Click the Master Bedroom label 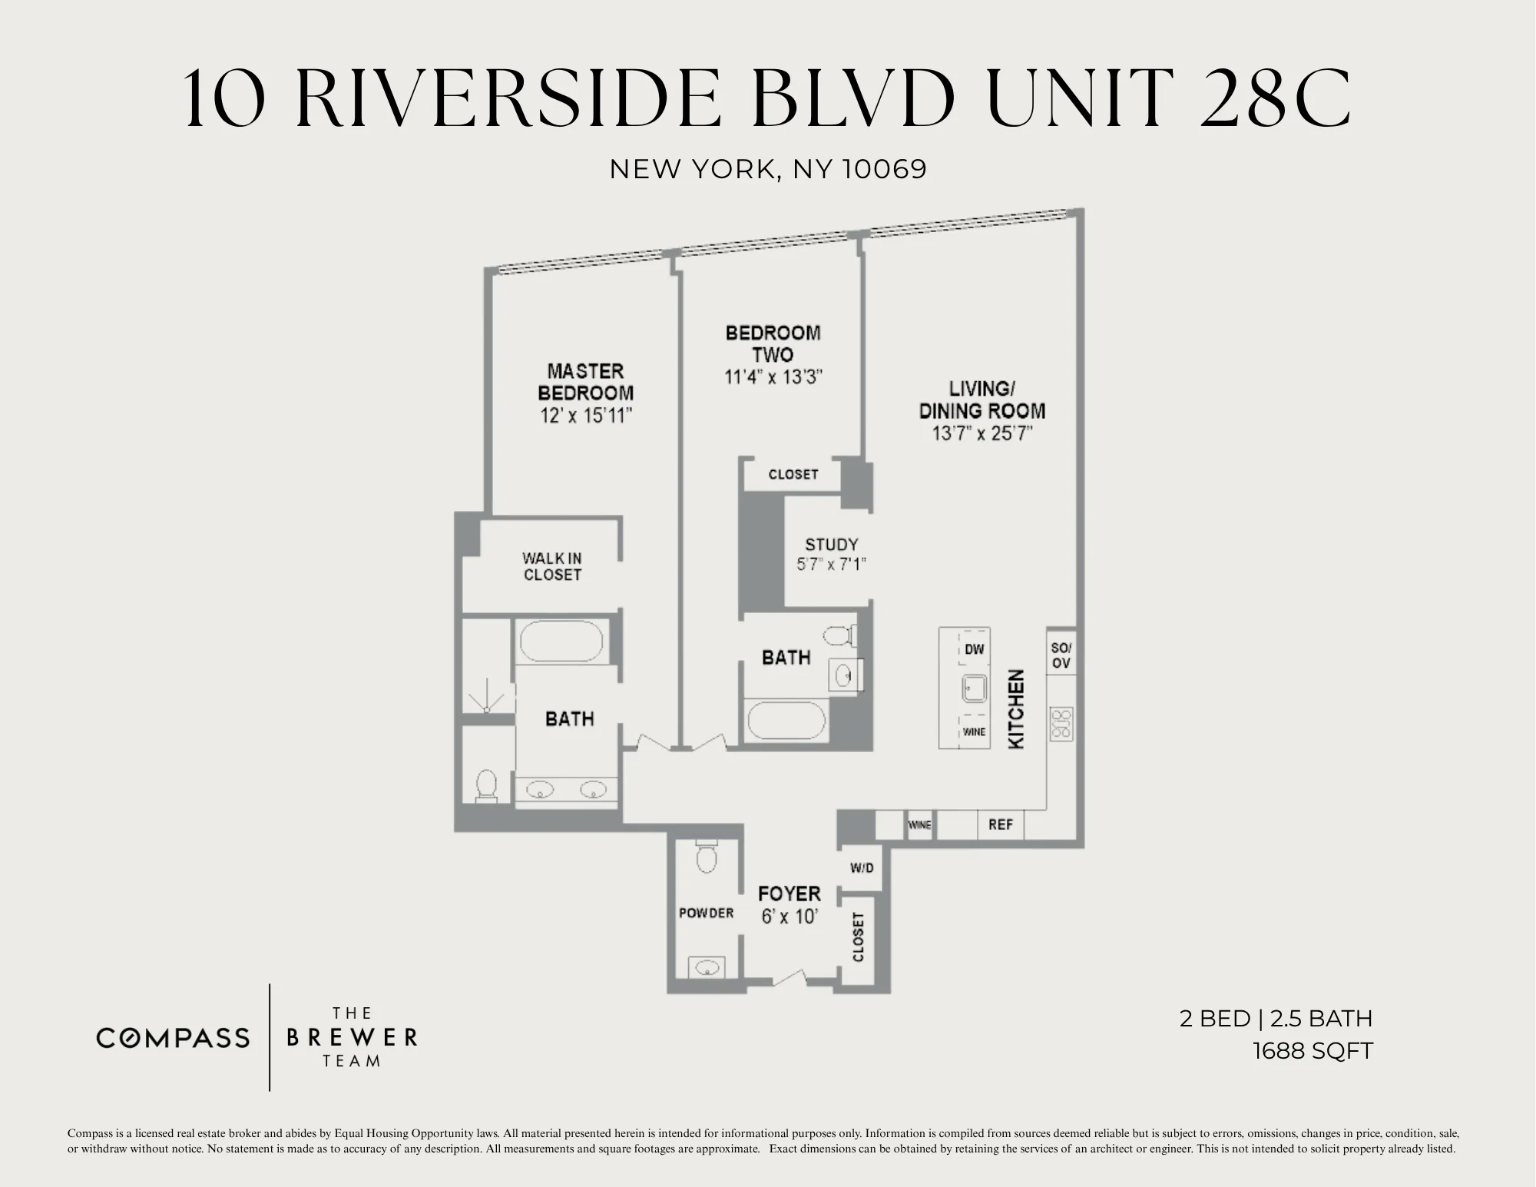coord(585,382)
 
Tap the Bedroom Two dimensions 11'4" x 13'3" coord(773,377)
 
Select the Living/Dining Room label coord(982,400)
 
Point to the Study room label coord(831,545)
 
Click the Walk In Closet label coord(551,566)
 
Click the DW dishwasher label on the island coord(974,649)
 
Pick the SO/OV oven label coord(1061,655)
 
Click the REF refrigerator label coord(1000,824)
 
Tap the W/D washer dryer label coord(862,868)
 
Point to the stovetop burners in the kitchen coord(1061,724)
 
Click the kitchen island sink coord(974,688)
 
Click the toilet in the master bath coord(487,786)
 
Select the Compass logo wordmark coord(173,1038)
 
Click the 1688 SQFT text coord(1312,1051)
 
